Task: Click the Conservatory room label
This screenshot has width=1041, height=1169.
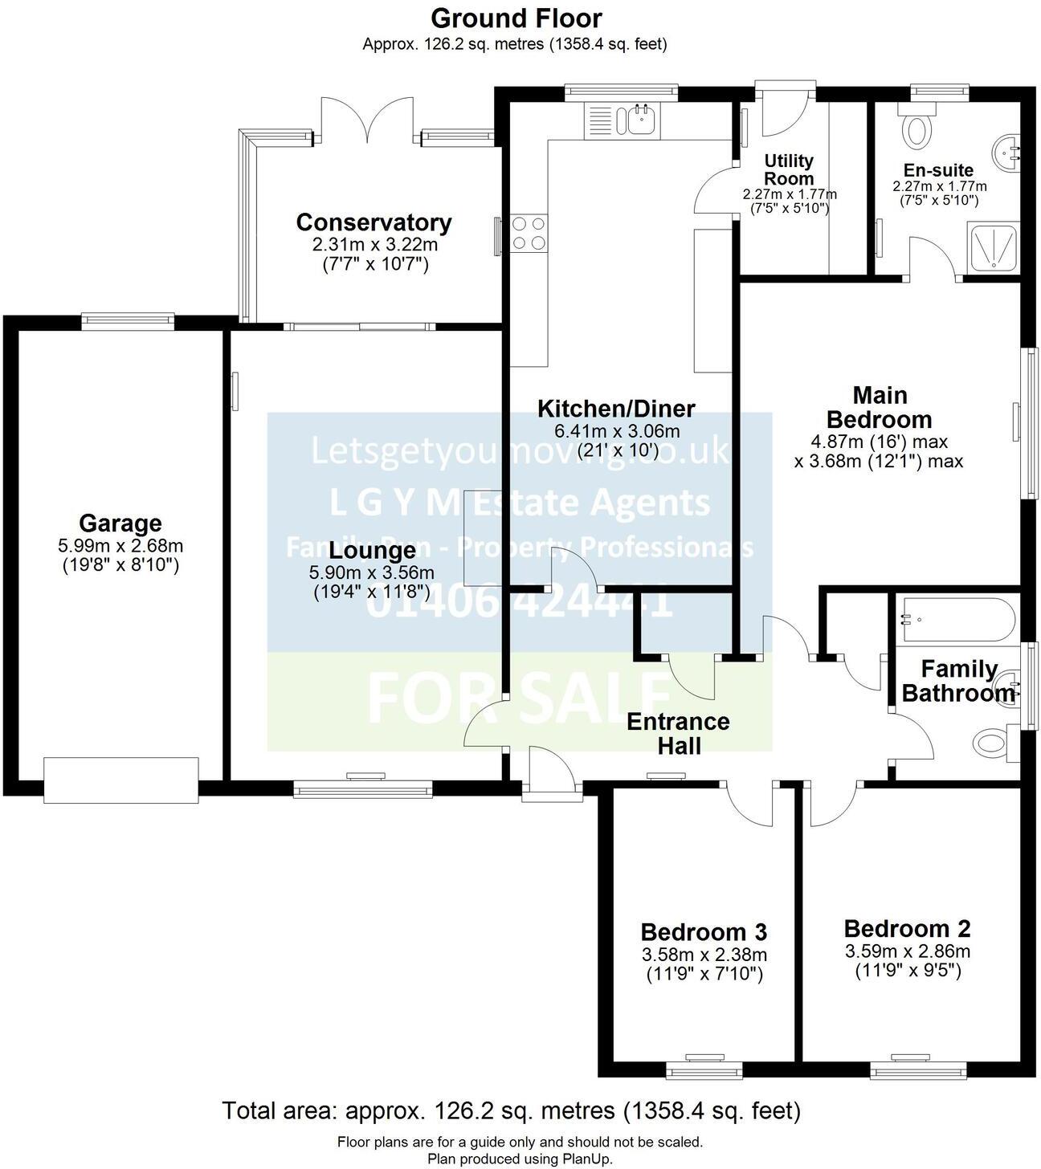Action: coord(374,222)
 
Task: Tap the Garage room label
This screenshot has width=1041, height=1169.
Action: coord(120,523)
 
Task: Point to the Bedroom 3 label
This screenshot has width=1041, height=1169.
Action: coord(704,932)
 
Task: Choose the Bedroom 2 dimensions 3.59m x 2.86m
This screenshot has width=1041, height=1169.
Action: coord(907,952)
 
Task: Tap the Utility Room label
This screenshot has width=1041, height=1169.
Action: coord(789,169)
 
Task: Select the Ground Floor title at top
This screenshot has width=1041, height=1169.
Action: coord(516,18)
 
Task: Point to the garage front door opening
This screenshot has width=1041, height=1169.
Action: coord(120,780)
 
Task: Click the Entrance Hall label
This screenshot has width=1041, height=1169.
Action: coord(678,733)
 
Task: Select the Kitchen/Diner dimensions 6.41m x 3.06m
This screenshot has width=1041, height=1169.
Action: coord(617,431)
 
